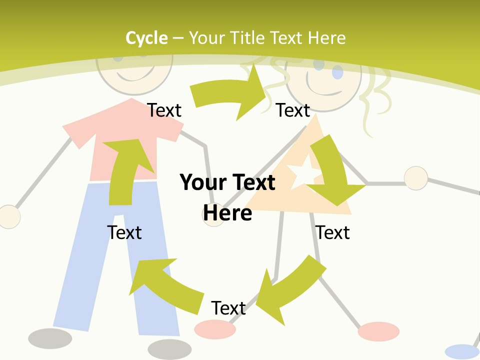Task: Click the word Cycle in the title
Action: [146, 38]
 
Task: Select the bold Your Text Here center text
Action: [227, 197]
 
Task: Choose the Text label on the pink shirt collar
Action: [164, 110]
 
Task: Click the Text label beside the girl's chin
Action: [293, 110]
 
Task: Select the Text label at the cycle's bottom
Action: [228, 308]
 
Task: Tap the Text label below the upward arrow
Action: [124, 232]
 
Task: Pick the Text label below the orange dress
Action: [332, 232]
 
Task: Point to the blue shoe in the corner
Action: [462, 351]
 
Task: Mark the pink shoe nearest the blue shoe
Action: [378, 331]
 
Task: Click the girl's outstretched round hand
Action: [415, 178]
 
